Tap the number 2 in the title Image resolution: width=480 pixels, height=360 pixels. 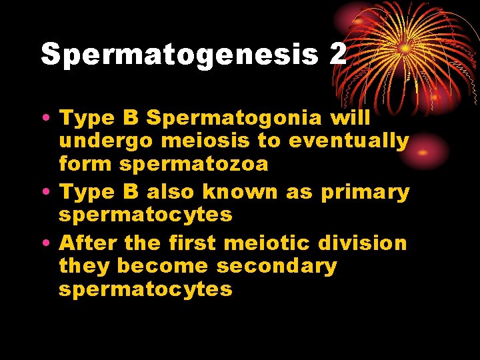coord(337,53)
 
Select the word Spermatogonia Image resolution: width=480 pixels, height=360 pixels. coord(234,118)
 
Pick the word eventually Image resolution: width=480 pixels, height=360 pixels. coord(349,142)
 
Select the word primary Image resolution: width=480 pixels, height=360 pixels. coord(365,191)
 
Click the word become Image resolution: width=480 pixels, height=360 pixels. coord(163,265)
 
